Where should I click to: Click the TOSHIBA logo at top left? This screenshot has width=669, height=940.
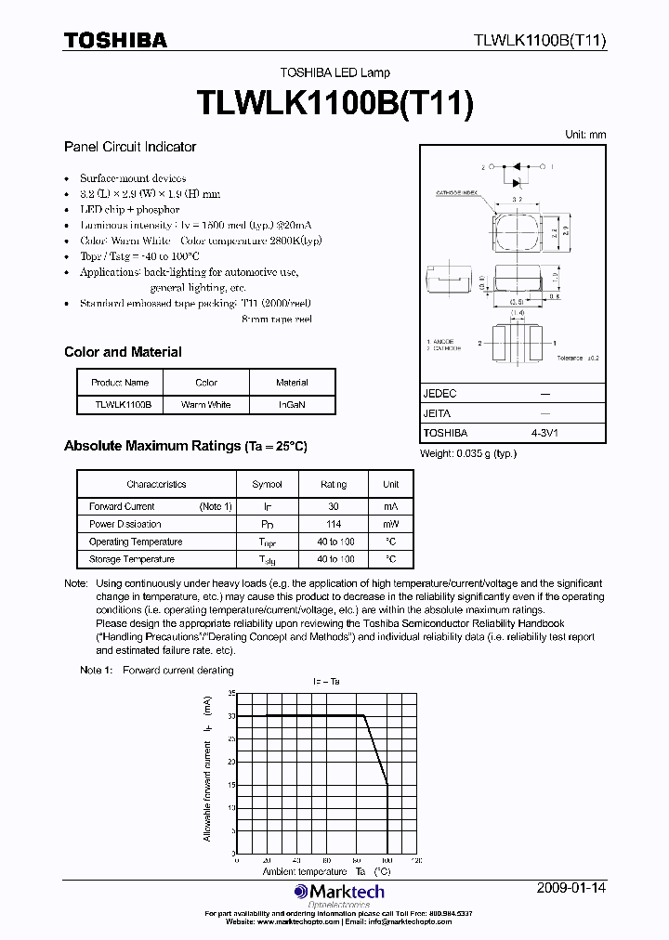(115, 40)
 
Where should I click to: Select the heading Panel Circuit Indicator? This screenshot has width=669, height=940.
(130, 147)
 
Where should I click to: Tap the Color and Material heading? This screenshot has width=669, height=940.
(123, 352)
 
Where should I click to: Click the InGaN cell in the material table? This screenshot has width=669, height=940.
(292, 405)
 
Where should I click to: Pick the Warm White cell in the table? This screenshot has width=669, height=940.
(205, 405)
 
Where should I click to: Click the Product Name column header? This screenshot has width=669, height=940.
(120, 383)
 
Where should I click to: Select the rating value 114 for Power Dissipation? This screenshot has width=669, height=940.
(334, 524)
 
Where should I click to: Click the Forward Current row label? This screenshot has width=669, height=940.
(122, 506)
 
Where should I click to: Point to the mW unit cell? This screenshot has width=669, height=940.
(390, 524)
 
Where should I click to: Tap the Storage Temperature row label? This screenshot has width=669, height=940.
(132, 559)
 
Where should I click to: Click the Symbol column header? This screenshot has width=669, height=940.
(268, 484)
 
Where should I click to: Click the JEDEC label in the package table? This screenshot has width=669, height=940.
(439, 394)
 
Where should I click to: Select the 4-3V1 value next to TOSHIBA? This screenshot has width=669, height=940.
(544, 434)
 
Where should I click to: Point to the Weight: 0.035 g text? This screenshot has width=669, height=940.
(468, 453)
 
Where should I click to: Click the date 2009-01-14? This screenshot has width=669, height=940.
(571, 888)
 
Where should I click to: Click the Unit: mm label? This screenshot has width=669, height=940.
(585, 135)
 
